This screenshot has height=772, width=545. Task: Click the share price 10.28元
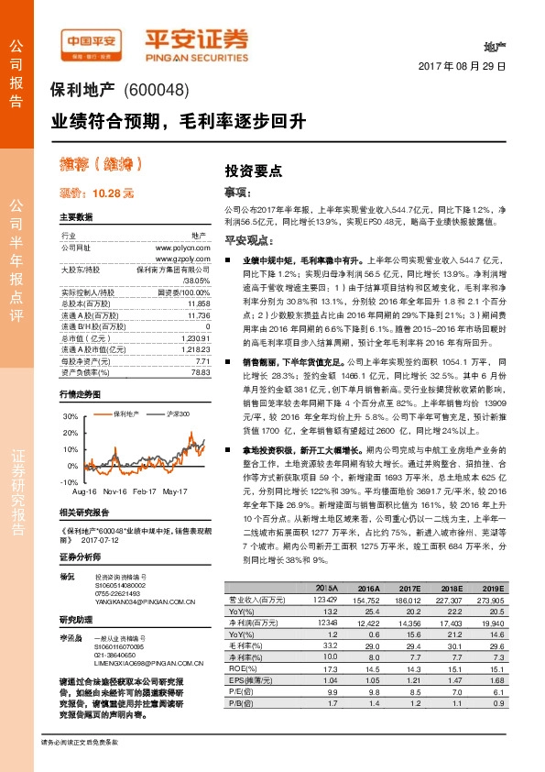pyautogui.click(x=96, y=193)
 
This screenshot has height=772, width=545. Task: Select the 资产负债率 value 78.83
pyautogui.click(x=201, y=372)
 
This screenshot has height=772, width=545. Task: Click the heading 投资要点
pyautogui.click(x=254, y=171)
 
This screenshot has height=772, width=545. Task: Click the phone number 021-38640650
pyautogui.click(x=118, y=656)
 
